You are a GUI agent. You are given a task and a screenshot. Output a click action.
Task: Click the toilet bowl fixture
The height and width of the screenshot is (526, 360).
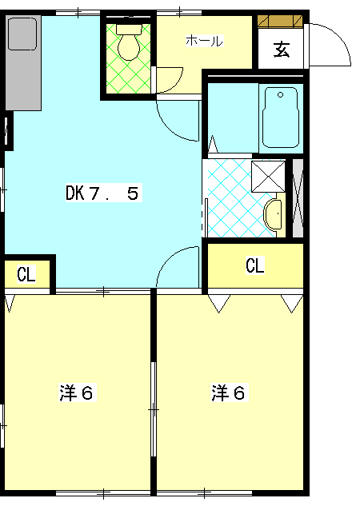click(x=129, y=47)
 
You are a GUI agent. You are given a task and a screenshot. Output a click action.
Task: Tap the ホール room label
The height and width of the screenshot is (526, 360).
click(x=204, y=41)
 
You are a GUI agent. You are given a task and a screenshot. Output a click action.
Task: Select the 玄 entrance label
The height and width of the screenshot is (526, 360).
click(x=282, y=50)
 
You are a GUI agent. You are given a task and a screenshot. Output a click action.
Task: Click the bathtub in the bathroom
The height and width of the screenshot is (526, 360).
click(x=281, y=118)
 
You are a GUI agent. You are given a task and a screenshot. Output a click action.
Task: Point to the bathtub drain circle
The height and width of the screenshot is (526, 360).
click(x=281, y=95)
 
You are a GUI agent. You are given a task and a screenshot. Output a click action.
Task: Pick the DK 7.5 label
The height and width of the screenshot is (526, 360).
click(x=102, y=193)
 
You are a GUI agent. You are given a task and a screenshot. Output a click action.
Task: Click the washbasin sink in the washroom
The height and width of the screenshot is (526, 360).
click(x=273, y=215)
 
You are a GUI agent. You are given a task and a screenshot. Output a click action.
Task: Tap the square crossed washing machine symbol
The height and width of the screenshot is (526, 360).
click(x=268, y=177)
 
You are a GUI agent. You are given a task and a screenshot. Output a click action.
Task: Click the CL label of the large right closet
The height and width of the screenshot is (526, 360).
click(x=255, y=265)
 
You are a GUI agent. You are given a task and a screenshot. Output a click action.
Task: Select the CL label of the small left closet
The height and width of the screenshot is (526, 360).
click(x=26, y=275)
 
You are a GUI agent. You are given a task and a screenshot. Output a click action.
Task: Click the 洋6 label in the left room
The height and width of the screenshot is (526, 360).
click(x=77, y=393)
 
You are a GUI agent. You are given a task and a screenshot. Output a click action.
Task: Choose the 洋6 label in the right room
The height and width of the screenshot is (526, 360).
click(x=228, y=393)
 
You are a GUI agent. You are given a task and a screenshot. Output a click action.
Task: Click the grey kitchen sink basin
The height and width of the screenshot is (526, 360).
click(x=22, y=34)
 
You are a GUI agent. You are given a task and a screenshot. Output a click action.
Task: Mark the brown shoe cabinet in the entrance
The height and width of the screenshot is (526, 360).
click(x=280, y=20)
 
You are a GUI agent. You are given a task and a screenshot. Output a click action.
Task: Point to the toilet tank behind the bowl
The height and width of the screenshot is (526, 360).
click(x=129, y=29)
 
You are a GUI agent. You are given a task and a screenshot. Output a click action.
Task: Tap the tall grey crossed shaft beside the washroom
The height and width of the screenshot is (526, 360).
click(x=298, y=198)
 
